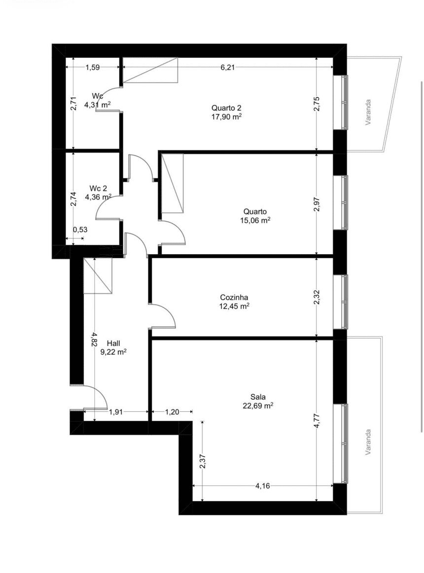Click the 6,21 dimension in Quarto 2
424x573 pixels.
pyautogui.click(x=228, y=67)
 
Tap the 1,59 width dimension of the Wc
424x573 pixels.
pyautogui.click(x=93, y=67)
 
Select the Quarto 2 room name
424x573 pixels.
pyautogui.click(x=226, y=108)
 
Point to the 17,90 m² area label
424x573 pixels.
pyautogui.click(x=226, y=117)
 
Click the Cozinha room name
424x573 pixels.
pyautogui.click(x=234, y=298)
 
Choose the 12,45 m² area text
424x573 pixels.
pyautogui.click(x=234, y=306)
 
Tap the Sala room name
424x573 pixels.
pyautogui.click(x=258, y=397)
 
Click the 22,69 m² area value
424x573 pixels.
pyautogui.click(x=258, y=405)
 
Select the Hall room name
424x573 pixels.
pyautogui.click(x=113, y=343)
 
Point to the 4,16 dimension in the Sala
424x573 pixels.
pyautogui.click(x=263, y=486)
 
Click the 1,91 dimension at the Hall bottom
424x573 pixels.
pyautogui.click(x=115, y=412)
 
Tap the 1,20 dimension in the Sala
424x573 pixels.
pyautogui.click(x=172, y=412)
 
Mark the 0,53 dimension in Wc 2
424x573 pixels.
pyautogui.click(x=80, y=230)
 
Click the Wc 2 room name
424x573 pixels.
pyautogui.click(x=98, y=189)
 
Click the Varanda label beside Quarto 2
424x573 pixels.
pyautogui.click(x=368, y=112)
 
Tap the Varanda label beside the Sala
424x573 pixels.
pyautogui.click(x=368, y=442)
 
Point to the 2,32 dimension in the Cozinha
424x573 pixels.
pyautogui.click(x=317, y=297)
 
